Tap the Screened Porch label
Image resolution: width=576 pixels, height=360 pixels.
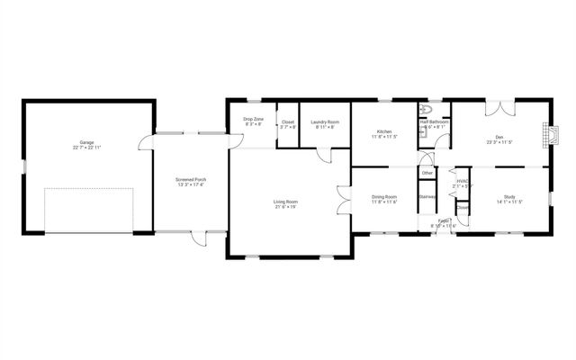pos(190,180)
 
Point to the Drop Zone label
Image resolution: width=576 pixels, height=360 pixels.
pos(253,120)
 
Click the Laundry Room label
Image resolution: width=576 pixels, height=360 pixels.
pos(325,122)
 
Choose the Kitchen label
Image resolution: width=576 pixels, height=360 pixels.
pos(384,132)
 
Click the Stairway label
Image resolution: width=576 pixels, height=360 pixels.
pos(427,196)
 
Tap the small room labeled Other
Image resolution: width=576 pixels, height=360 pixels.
pos(427,173)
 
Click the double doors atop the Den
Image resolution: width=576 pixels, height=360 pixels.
pos(499,109)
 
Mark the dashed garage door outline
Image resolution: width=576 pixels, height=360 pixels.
pos(88,210)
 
